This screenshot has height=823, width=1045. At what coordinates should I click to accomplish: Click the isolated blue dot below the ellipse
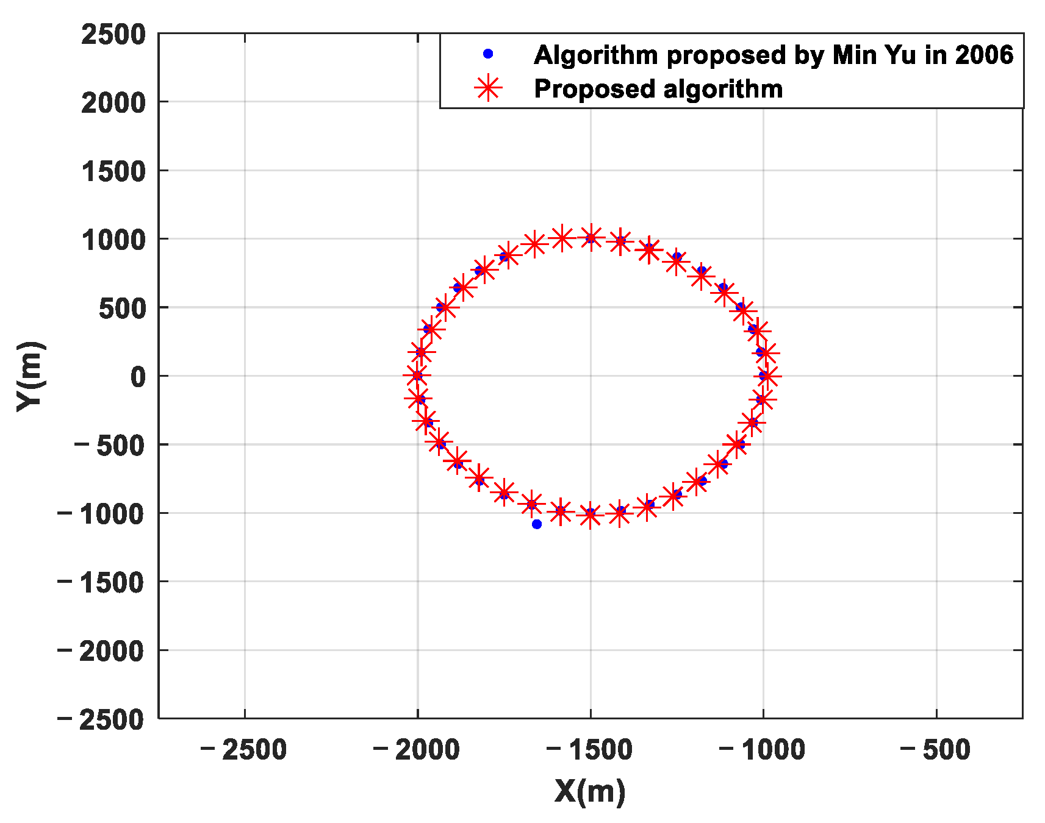537,524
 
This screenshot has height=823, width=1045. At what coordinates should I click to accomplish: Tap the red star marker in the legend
488,89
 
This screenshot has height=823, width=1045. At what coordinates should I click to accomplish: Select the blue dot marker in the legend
488,54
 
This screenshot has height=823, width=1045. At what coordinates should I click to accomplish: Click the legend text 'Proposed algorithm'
658,89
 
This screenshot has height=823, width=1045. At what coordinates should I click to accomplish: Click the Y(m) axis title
30,376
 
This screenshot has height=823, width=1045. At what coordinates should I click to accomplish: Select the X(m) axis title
590,791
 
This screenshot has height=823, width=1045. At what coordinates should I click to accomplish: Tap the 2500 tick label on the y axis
113,34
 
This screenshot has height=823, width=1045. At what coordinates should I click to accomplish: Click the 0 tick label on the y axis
138,376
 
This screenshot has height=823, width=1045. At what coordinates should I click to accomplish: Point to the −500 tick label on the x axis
936,750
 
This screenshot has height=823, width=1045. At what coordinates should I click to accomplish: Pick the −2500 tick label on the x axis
244,750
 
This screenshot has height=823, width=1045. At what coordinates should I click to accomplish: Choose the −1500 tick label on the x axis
590,750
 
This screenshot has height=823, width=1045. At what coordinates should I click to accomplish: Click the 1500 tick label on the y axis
113,171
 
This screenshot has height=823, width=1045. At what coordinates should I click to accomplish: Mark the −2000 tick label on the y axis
101,650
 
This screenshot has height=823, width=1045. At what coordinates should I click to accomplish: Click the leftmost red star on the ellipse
417,376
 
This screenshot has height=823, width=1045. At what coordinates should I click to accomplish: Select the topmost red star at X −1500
590,237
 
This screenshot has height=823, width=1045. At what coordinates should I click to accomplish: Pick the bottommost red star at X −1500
590,516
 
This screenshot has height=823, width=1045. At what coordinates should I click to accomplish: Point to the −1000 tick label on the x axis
763,750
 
